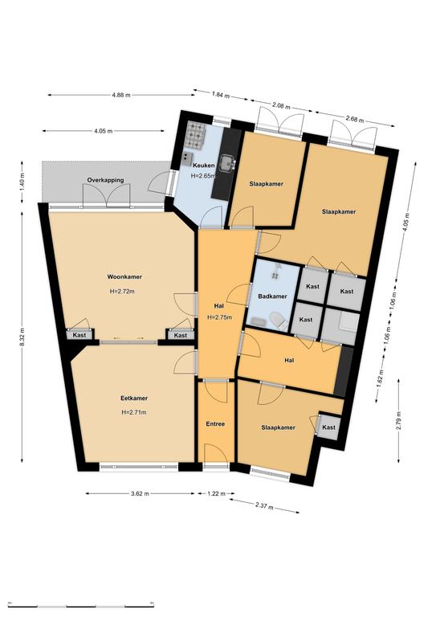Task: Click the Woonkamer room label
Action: tap(124, 276)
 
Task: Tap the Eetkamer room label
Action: tap(134, 398)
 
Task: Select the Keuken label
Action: tap(204, 165)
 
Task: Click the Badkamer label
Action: tap(272, 296)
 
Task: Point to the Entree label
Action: tap(215, 424)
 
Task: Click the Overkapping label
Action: tap(105, 180)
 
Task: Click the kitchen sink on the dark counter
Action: tap(227, 163)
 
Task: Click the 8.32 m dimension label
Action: tap(22, 337)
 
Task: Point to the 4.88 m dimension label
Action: tap(121, 95)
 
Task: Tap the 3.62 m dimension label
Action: tap(140, 493)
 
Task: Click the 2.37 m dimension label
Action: tap(264, 506)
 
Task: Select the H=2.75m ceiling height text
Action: tap(219, 317)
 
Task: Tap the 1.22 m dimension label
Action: tap(216, 493)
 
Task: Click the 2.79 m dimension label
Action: tap(399, 422)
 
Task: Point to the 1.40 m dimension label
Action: tap(22, 182)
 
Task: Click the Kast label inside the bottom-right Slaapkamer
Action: tap(328, 427)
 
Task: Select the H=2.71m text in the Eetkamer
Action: tap(134, 412)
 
